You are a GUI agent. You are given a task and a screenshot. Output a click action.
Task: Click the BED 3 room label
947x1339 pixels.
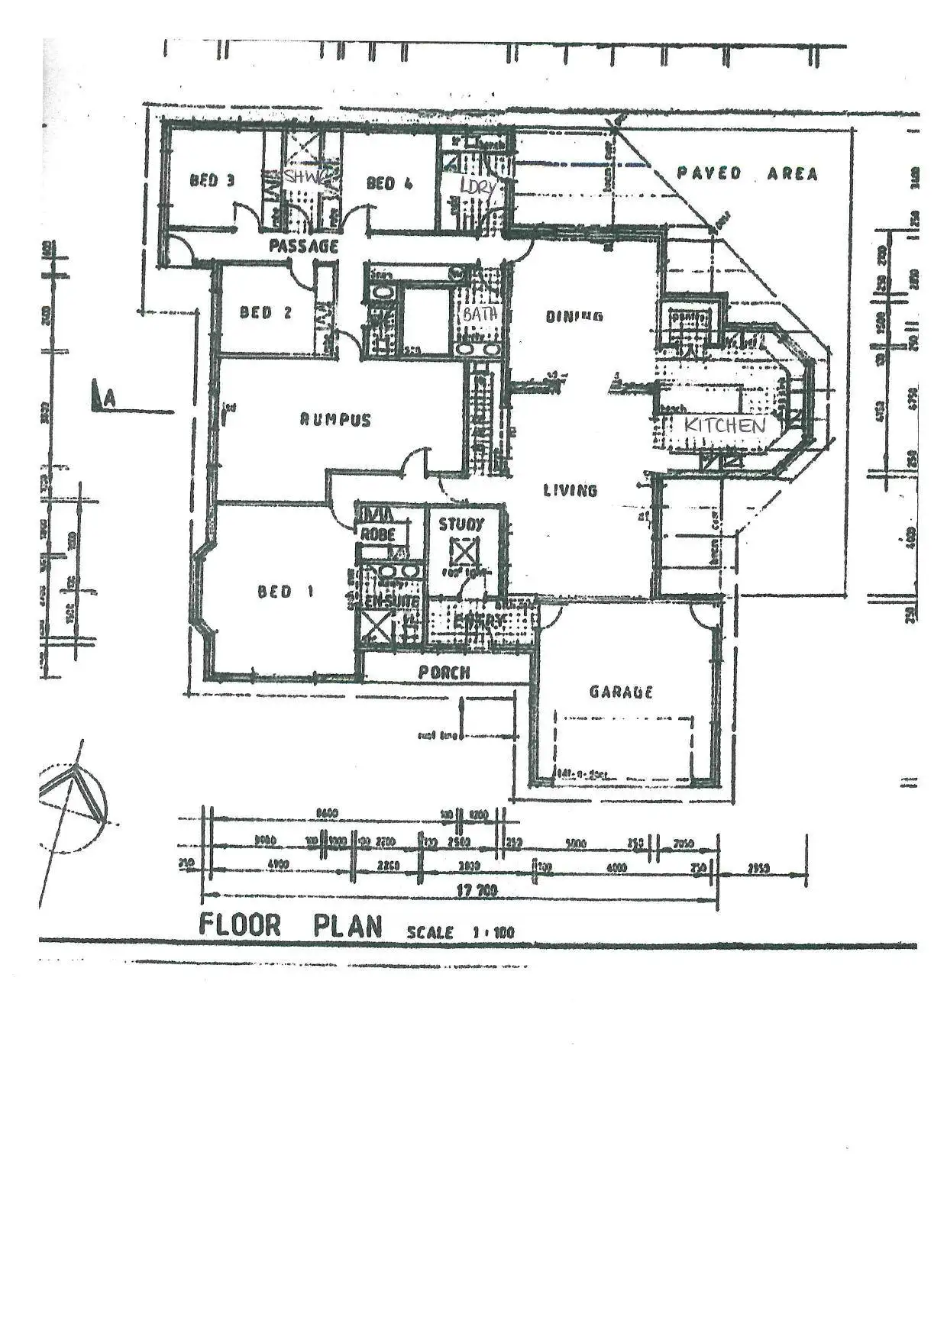(x=212, y=181)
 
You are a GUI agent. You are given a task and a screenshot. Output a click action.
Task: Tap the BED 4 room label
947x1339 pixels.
(x=389, y=183)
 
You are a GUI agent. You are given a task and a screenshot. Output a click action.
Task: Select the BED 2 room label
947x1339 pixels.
(x=265, y=312)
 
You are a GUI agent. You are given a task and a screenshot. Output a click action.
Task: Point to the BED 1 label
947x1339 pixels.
(x=285, y=592)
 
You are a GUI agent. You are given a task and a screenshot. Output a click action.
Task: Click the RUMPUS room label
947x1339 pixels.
(x=335, y=420)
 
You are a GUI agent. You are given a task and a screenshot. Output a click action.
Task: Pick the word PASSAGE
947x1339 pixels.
(x=303, y=246)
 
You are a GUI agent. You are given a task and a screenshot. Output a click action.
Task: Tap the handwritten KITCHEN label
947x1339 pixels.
(x=724, y=425)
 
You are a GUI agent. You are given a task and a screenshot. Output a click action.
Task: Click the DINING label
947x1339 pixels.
(x=574, y=316)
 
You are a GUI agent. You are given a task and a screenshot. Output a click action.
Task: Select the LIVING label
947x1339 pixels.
(x=570, y=490)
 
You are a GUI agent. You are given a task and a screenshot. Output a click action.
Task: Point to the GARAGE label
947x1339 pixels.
(x=621, y=692)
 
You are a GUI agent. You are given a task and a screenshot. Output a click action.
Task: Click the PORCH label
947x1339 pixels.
(x=444, y=673)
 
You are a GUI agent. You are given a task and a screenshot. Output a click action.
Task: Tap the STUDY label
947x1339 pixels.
(x=461, y=524)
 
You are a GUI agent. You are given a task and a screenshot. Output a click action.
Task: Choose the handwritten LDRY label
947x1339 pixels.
(x=477, y=186)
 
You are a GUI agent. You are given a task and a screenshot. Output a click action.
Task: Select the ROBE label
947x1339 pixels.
(x=377, y=534)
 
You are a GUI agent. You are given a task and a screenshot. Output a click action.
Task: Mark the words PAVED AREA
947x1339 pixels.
(x=747, y=174)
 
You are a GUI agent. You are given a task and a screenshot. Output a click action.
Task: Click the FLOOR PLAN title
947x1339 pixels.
(x=290, y=925)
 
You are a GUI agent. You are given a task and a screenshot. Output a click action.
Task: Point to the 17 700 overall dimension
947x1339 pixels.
(x=477, y=890)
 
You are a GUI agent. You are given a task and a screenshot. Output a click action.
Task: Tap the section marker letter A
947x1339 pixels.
(x=110, y=398)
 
